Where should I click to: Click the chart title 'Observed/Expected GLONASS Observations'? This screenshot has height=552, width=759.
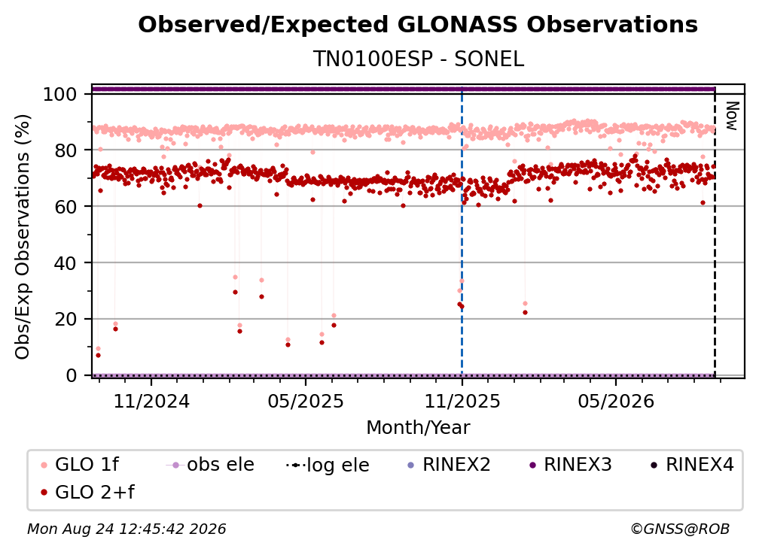[x=418, y=25]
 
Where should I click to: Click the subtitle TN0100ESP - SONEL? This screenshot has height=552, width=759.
[x=418, y=59]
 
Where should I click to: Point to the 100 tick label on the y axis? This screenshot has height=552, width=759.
[x=60, y=94]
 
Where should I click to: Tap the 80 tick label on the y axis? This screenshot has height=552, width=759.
[x=66, y=150]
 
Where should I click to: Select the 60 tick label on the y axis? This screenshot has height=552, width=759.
[x=66, y=206]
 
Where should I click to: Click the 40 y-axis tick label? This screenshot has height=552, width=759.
[x=66, y=263]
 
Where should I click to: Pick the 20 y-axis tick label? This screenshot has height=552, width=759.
[x=66, y=319]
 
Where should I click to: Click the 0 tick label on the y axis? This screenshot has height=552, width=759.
[x=72, y=375]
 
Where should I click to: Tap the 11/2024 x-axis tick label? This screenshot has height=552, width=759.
[x=151, y=401]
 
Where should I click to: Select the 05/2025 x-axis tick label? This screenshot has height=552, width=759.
[x=306, y=401]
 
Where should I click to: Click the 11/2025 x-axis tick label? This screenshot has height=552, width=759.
[x=462, y=401]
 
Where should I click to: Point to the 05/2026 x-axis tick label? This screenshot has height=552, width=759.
[x=616, y=401]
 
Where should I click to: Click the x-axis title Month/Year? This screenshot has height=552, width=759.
[x=418, y=427]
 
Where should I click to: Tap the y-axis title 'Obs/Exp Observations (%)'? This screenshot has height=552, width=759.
[x=23, y=237]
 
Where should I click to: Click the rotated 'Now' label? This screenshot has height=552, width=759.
[x=732, y=116]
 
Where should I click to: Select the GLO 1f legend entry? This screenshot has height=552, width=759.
[x=80, y=465]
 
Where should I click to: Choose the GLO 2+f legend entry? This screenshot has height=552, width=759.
[x=87, y=493]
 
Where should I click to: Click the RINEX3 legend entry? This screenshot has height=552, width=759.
[x=571, y=465]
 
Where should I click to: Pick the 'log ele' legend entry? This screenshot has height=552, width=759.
[x=328, y=465]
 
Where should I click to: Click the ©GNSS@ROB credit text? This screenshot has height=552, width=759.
[x=680, y=529]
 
